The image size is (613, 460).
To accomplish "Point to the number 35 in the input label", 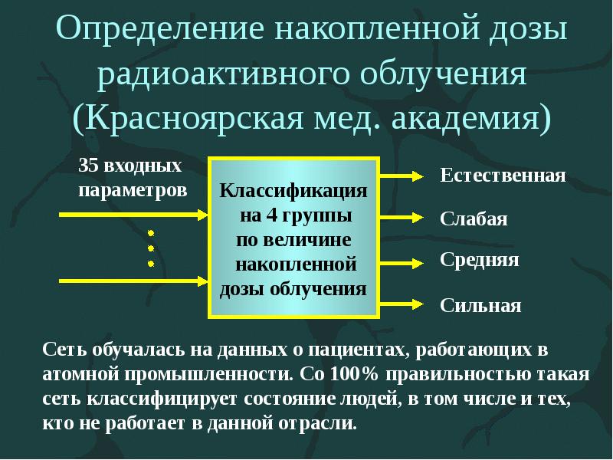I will point(89,166).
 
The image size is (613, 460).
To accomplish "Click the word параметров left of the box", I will point(132,189).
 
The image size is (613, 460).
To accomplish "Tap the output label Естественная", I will point(503,176).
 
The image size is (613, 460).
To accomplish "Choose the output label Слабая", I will point(474,219).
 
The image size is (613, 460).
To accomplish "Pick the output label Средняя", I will point(480,260).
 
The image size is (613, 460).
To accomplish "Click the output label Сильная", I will point(480,306).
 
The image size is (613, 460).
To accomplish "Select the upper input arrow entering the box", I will point(130,214).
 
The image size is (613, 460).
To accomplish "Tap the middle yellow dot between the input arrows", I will point(151,247).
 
